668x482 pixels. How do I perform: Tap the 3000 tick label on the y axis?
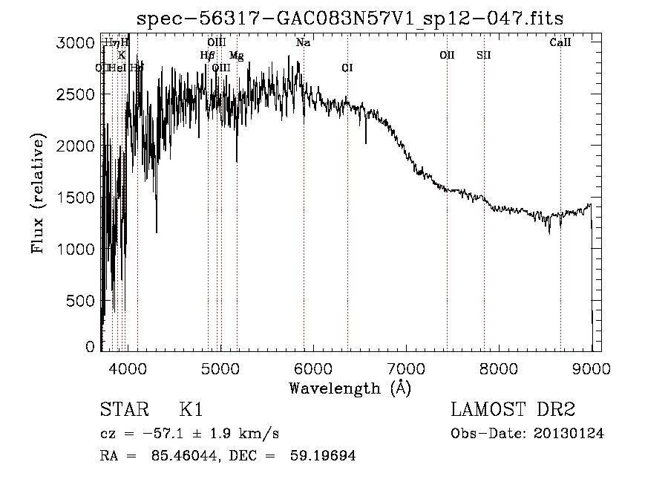(x=74, y=43)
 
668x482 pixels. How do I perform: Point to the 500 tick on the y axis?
(x=80, y=301)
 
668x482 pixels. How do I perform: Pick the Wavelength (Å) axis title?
(x=350, y=388)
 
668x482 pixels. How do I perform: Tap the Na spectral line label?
(x=303, y=43)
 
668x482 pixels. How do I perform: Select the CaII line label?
(x=560, y=43)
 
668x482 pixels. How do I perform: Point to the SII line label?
(x=484, y=55)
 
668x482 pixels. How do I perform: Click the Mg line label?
(x=236, y=56)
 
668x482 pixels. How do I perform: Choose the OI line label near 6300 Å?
(x=347, y=68)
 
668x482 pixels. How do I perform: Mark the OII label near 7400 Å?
(x=447, y=55)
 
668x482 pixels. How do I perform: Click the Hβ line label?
(x=207, y=56)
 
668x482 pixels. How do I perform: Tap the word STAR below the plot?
(x=123, y=410)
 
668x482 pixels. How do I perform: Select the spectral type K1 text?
(x=191, y=410)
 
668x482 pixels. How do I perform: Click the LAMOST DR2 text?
(x=513, y=410)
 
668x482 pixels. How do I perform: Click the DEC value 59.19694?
(x=324, y=456)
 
